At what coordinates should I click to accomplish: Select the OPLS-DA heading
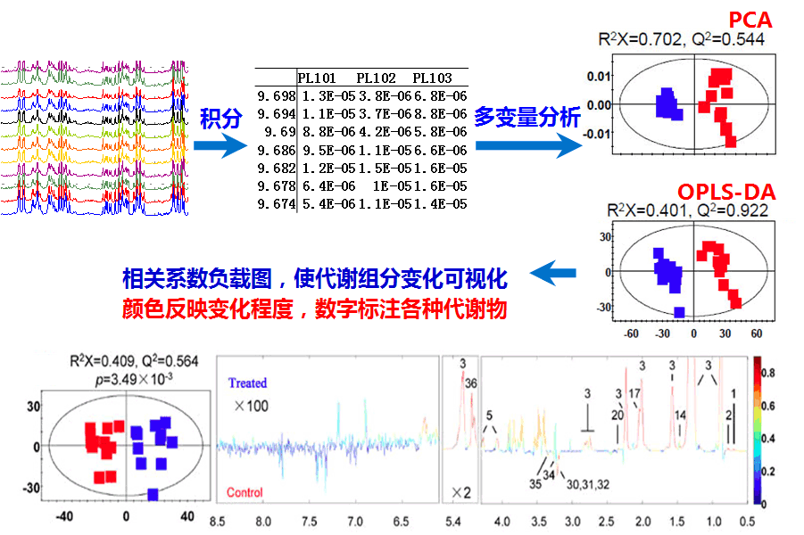(x=725, y=192)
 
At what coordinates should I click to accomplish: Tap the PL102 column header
(x=375, y=78)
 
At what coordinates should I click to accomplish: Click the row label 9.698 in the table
(x=273, y=95)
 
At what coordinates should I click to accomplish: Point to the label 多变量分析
(x=527, y=116)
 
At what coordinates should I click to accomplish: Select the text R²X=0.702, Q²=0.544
(x=681, y=39)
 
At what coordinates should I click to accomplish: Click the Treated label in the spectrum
(x=247, y=383)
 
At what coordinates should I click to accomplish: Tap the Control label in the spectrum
(x=245, y=492)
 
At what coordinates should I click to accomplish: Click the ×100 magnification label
(x=252, y=407)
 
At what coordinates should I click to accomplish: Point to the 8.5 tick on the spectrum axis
(x=217, y=521)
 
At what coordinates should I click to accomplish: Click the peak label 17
(x=634, y=392)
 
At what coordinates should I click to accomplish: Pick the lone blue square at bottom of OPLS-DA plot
(x=680, y=312)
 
